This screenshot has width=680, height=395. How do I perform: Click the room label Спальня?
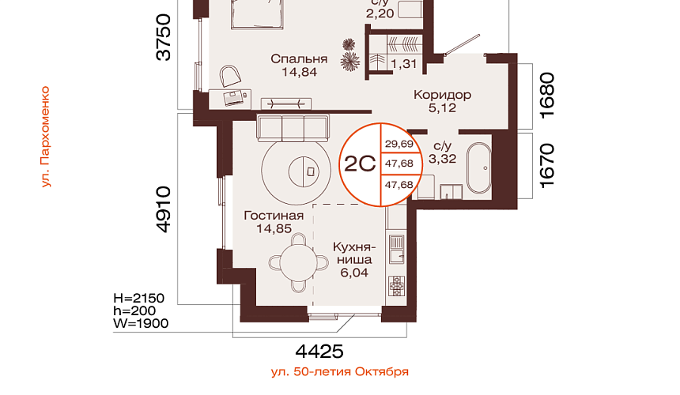point(299,59)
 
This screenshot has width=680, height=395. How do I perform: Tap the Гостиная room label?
point(274,215)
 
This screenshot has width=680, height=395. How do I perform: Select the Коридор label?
point(442,95)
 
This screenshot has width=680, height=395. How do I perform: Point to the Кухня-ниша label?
point(354,254)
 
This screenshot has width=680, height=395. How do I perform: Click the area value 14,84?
point(299,72)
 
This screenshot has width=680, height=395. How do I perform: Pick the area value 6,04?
point(354,273)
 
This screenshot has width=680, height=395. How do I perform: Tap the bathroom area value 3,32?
point(442,159)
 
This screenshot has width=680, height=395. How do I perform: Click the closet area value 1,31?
point(404,64)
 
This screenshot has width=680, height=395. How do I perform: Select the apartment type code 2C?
point(360,164)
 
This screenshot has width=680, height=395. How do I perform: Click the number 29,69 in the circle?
point(399,144)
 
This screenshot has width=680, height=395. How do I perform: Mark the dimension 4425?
point(319,352)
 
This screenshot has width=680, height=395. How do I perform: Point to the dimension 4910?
point(164,209)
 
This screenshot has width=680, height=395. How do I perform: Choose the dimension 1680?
point(547,95)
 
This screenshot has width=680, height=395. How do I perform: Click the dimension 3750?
point(164,37)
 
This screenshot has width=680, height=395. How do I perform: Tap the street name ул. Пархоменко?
point(46,137)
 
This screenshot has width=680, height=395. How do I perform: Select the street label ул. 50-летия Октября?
point(340,371)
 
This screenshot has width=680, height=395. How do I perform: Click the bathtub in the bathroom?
point(479,168)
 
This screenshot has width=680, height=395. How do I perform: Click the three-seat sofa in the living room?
point(293,128)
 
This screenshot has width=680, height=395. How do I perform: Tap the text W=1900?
point(141,324)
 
